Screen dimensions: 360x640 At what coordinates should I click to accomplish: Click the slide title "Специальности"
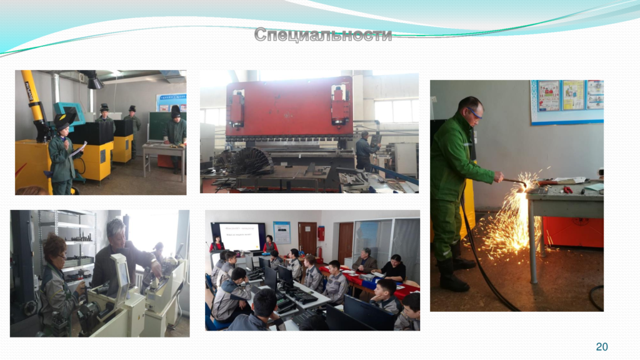click(x=322, y=35)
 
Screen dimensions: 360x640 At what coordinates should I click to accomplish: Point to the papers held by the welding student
click(x=78, y=149)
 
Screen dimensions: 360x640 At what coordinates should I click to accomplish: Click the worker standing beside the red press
click(x=364, y=150)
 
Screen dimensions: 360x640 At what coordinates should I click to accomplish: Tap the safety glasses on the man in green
click(x=475, y=114)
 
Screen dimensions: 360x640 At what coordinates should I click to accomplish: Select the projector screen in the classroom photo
click(x=239, y=236)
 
